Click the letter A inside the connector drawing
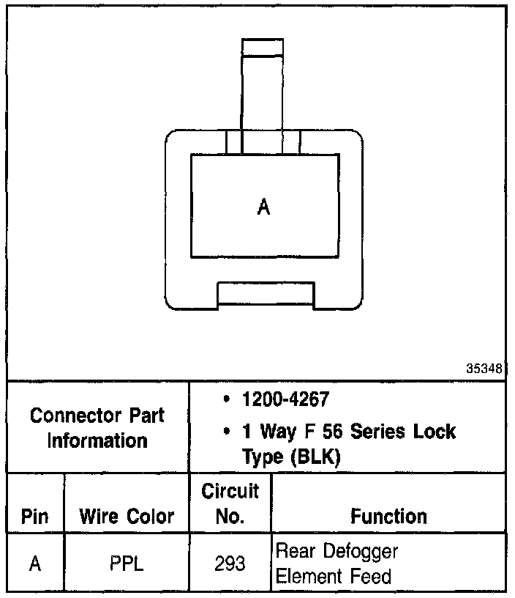coord(264,208)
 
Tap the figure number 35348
coord(484,369)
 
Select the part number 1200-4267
coord(285,400)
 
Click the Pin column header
coord(35,517)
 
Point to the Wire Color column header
coord(127,517)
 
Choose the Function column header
coord(388,517)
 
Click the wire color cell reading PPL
coord(127,564)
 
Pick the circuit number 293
coord(230,564)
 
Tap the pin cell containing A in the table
coord(35,564)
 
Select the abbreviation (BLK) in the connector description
coord(315,457)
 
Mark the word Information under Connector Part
coord(97,440)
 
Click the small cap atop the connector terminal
coord(262,48)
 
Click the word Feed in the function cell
coord(374,577)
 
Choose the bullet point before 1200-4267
coord(228,400)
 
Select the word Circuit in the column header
coord(230,492)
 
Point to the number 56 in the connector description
coord(334,431)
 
